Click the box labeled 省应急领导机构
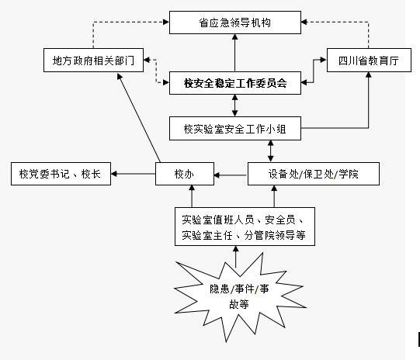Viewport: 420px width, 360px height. click(x=235, y=22)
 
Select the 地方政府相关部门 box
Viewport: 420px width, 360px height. click(x=93, y=61)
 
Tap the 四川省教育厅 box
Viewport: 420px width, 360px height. click(x=369, y=61)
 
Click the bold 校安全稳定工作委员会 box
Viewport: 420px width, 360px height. click(x=235, y=83)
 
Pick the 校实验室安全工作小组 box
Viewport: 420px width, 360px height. click(x=235, y=128)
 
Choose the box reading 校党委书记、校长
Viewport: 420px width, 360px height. click(x=61, y=174)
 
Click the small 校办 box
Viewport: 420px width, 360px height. click(x=185, y=174)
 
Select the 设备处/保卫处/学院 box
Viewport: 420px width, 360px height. click(x=314, y=174)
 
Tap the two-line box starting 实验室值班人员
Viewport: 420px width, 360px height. click(x=245, y=227)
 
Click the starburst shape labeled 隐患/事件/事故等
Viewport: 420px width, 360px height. click(x=239, y=296)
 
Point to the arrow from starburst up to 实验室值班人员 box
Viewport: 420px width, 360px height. click(x=236, y=257)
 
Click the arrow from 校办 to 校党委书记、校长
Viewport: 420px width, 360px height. click(x=133, y=174)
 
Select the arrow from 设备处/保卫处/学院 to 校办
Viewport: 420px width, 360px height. click(x=231, y=175)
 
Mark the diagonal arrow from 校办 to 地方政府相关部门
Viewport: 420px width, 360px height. click(x=139, y=118)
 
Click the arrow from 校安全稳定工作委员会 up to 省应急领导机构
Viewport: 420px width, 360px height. click(x=235, y=53)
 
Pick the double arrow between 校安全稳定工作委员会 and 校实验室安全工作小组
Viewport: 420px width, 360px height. click(x=235, y=106)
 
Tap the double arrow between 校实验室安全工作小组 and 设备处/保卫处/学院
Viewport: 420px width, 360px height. click(x=270, y=151)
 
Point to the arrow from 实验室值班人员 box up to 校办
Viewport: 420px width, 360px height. click(x=192, y=196)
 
